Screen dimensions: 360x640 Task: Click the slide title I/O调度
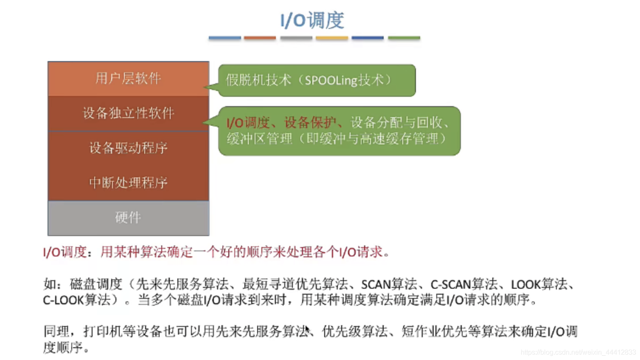coord(312,20)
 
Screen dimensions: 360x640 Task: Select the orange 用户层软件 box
coord(128,79)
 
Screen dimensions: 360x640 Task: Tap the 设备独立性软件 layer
coord(128,113)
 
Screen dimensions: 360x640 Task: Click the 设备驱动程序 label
coord(128,148)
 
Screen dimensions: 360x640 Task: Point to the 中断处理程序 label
coord(128,183)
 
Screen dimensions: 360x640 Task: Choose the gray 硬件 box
coord(128,218)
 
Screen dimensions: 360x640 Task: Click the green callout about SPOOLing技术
coord(317,80)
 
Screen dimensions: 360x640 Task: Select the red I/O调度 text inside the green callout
coord(248,123)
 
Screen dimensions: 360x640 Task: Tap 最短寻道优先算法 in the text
coord(295,284)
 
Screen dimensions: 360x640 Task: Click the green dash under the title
coord(404,38)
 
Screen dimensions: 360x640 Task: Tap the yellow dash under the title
coord(332,38)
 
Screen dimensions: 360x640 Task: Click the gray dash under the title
coord(296,38)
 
